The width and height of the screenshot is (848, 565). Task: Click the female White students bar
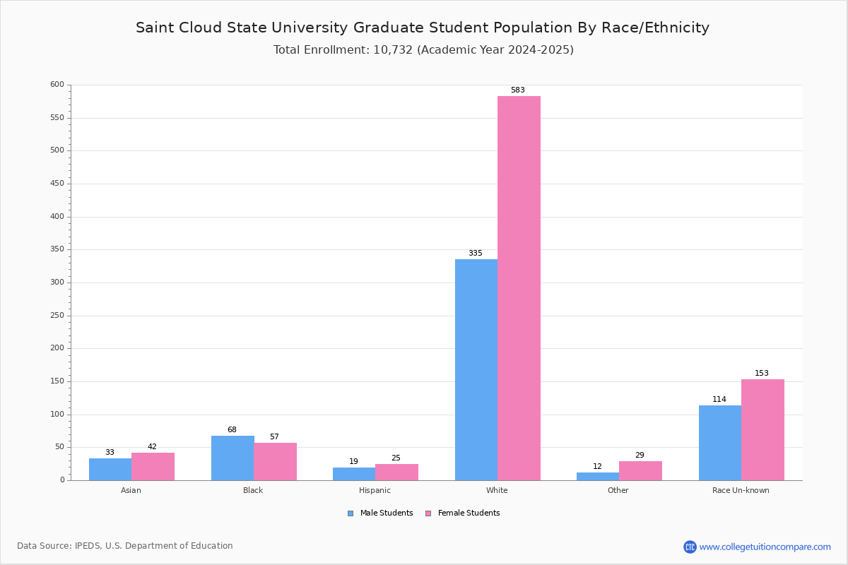(x=519, y=288)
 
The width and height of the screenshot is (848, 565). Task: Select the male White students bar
(x=476, y=369)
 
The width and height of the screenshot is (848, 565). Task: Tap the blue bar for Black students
(x=232, y=458)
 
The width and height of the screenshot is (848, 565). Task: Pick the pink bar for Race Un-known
(x=762, y=429)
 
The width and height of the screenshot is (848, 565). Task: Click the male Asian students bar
(x=110, y=469)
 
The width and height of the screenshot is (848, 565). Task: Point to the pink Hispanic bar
(x=396, y=472)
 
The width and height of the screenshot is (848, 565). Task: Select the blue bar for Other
(x=598, y=476)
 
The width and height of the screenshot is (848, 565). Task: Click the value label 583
(x=518, y=90)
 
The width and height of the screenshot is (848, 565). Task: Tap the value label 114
(x=719, y=400)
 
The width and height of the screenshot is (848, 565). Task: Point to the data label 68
(x=232, y=430)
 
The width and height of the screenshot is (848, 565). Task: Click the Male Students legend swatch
(x=351, y=513)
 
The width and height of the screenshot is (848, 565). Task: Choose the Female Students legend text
(x=469, y=513)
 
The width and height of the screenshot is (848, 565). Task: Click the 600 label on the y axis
(x=57, y=85)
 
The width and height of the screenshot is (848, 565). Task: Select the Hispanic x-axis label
(x=375, y=490)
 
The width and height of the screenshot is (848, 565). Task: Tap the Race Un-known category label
(x=741, y=490)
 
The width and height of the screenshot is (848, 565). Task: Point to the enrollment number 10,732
(x=392, y=50)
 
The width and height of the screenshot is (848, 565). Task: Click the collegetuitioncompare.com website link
(x=765, y=547)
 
